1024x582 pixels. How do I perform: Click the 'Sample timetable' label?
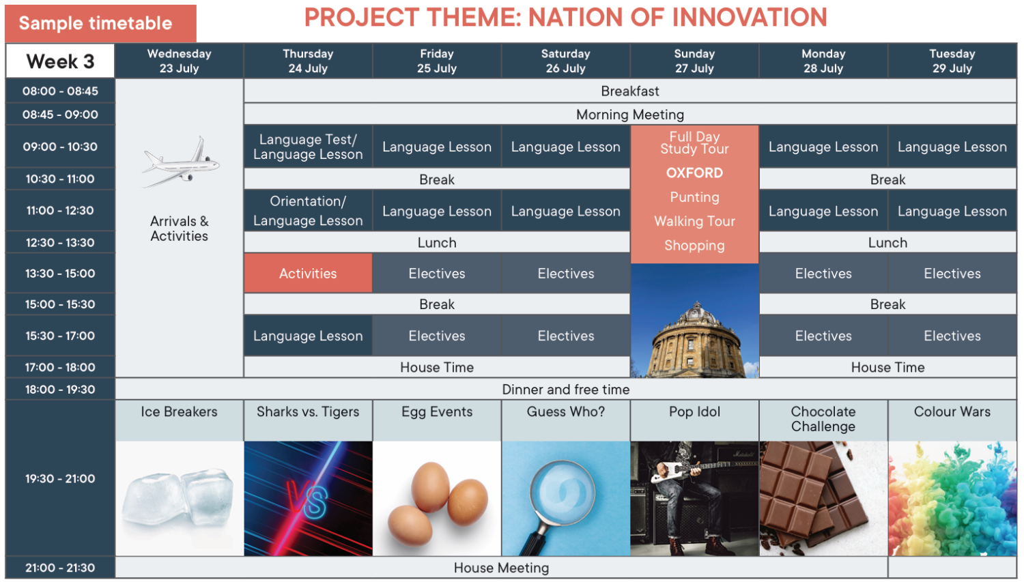96,23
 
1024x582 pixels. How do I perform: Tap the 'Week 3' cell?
60,61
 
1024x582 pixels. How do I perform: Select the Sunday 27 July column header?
694,61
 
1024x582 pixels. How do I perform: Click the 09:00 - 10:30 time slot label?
60,147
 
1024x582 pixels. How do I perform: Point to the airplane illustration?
181,162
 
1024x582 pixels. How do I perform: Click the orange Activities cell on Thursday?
308,273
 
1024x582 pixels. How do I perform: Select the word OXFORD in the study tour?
694,173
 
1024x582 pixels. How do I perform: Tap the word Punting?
694,197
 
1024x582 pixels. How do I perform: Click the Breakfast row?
630,91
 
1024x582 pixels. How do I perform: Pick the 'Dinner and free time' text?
565,389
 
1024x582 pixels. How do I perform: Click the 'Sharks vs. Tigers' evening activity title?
308,411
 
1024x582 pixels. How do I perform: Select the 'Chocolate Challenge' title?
823,419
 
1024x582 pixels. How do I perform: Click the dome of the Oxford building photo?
696,315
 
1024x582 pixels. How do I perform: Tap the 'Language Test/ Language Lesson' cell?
308,147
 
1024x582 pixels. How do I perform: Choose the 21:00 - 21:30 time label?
60,568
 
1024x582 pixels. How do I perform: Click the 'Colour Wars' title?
952,411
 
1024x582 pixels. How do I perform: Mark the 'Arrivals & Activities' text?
179,229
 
